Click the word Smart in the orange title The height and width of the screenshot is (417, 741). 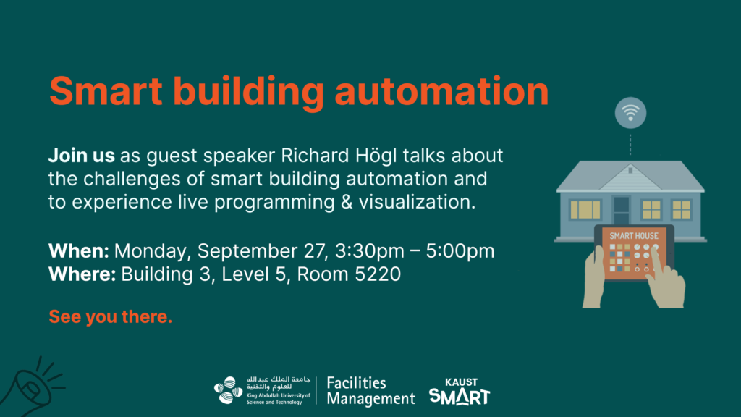click(106, 90)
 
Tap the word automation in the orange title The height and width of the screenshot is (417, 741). click(442, 90)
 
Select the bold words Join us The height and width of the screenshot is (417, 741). click(81, 156)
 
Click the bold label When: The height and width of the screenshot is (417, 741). click(78, 251)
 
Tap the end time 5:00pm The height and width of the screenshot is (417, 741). click(460, 251)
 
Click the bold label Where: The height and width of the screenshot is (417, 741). click(82, 274)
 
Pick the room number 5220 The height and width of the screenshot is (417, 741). click(378, 274)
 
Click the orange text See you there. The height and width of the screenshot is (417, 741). click(111, 317)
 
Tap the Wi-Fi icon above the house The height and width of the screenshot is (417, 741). click(630, 112)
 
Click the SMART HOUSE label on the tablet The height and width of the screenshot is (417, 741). click(634, 236)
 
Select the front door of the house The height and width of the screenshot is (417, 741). click(621, 211)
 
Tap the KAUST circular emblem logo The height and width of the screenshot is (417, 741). click(228, 390)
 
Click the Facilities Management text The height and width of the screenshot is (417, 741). click(370, 391)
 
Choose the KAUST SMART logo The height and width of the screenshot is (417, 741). click(460, 392)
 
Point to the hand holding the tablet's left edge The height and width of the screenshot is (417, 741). click(593, 278)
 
